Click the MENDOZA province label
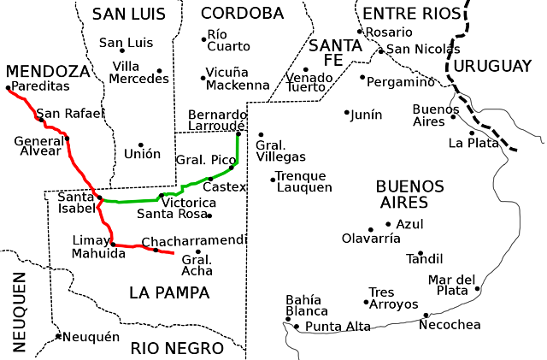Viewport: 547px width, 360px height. click(48, 70)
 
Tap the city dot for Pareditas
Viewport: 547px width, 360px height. click(8, 87)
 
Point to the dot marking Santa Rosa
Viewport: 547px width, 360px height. click(209, 215)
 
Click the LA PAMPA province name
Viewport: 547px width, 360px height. click(169, 292)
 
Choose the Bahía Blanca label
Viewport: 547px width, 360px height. click(303, 306)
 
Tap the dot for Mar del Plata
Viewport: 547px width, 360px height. click(478, 289)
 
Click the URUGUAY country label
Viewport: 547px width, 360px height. click(493, 66)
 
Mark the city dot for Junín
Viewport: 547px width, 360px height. click(347, 113)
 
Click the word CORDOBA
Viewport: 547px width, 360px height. click(242, 13)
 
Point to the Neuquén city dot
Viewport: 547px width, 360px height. click(58, 336)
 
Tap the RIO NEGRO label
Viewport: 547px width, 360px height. click(177, 348)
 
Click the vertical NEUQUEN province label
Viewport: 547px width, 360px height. click(19, 312)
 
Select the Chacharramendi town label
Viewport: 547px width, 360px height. click(194, 241)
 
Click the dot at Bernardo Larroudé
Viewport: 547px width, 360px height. click(238, 133)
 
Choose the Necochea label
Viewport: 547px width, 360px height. click(455, 325)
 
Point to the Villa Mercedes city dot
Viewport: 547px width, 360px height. click(159, 71)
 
